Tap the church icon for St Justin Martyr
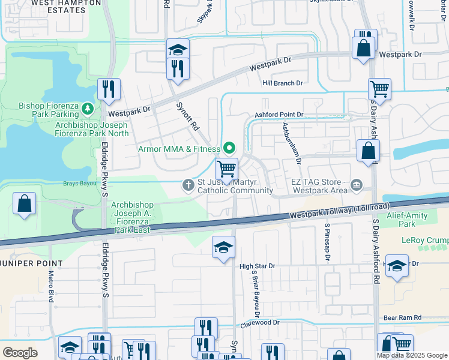(188, 185)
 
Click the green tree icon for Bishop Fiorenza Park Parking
(88, 108)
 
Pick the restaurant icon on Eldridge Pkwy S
(109, 89)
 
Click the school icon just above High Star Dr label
(223, 248)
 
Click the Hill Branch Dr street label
(282, 83)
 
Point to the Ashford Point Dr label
(279, 114)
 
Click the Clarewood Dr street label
(260, 323)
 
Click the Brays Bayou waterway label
(80, 183)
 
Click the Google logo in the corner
(20, 352)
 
